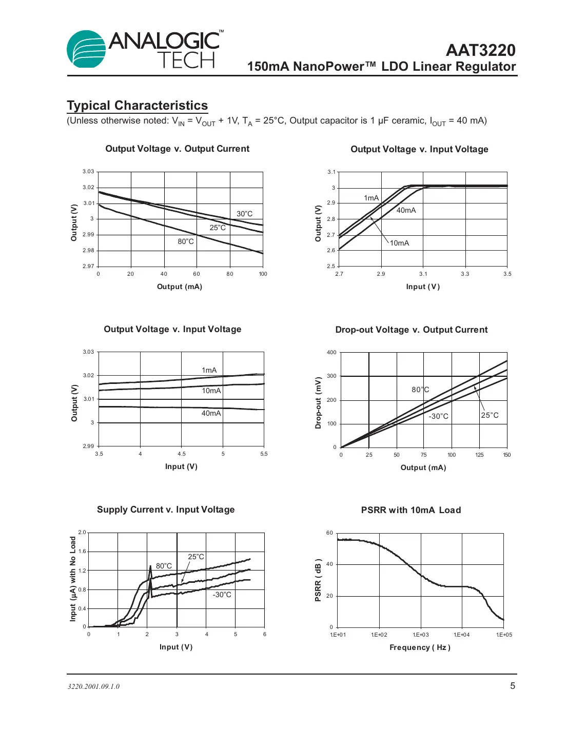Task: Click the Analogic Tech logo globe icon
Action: click(x=86, y=50)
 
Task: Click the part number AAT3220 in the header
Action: click(x=480, y=50)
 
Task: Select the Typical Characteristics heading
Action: click(x=138, y=106)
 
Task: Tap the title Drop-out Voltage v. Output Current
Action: click(x=411, y=330)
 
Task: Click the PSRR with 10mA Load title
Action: click(x=410, y=510)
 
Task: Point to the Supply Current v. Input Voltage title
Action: click(x=166, y=510)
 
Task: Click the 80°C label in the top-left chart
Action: click(x=186, y=241)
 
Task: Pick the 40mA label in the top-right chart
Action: click(x=406, y=210)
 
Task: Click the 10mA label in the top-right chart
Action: click(x=399, y=243)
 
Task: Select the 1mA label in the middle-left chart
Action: click(x=209, y=370)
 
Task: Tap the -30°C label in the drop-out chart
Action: click(x=438, y=416)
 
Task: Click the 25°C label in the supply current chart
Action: click(x=195, y=557)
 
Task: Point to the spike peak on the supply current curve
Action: click(x=150, y=566)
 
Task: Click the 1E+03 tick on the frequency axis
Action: click(x=421, y=635)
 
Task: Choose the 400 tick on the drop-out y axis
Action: click(x=331, y=352)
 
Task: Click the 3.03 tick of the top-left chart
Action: click(x=88, y=171)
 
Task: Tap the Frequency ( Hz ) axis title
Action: click(x=420, y=647)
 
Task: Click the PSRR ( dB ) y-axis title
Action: click(x=318, y=580)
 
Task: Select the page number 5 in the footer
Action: click(x=512, y=686)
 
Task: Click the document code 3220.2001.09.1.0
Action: click(x=93, y=686)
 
